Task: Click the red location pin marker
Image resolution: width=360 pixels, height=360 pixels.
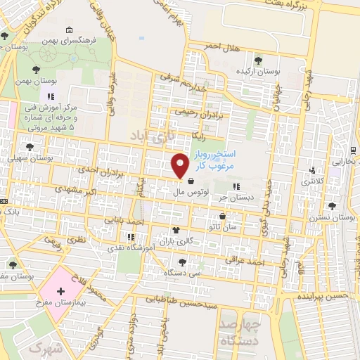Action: coord(181,166)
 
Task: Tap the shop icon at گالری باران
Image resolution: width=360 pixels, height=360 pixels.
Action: coord(175,229)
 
